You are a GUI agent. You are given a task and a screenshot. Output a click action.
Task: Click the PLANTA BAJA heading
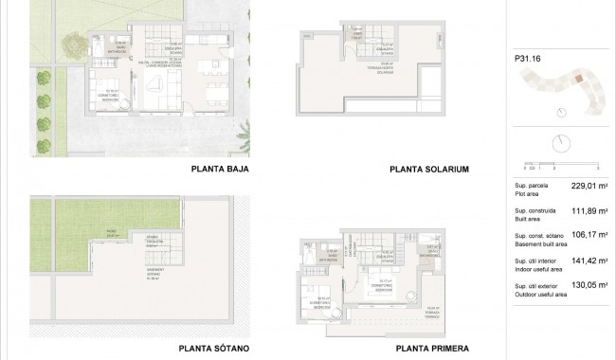coord(220,171)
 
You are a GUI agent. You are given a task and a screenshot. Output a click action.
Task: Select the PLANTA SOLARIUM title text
coord(430,171)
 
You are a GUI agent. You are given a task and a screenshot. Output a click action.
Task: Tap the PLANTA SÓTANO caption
coord(219,348)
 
